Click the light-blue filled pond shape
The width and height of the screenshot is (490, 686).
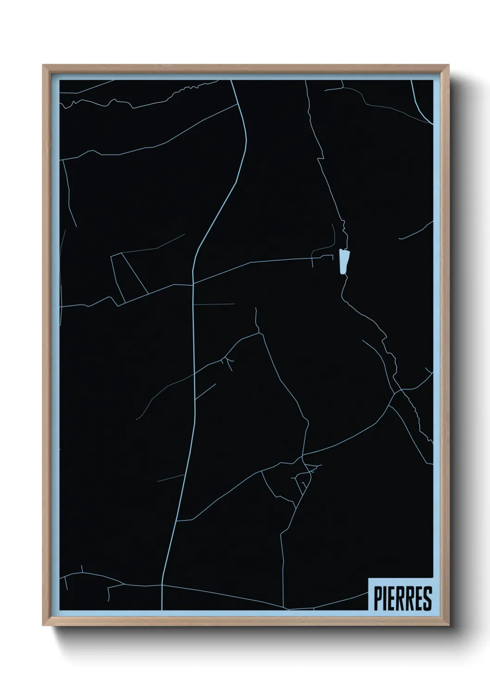[x=343, y=262]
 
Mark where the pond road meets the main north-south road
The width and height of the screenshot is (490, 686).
[x=193, y=283]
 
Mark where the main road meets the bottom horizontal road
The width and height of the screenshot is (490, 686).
[x=162, y=585]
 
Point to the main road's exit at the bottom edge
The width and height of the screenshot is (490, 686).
[x=162, y=609]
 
